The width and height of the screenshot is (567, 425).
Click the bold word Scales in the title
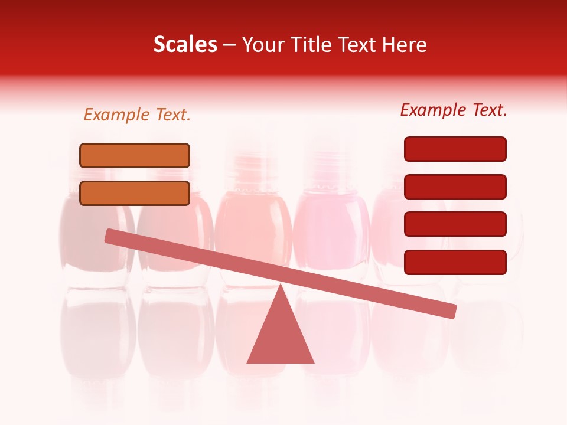click(185, 45)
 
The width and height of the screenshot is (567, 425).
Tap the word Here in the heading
click(405, 45)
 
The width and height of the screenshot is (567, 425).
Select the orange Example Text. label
click(137, 115)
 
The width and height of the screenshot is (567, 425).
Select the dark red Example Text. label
click(454, 110)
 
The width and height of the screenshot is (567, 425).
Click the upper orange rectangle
click(135, 155)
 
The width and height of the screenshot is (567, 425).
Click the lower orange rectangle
click(135, 193)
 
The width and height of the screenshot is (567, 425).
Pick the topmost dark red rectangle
click(455, 149)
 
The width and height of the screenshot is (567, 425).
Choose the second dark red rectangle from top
click(455, 187)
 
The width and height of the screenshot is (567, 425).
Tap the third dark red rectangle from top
click(455, 224)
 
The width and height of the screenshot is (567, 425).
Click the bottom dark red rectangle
click(455, 262)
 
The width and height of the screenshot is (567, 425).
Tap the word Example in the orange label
click(117, 115)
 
